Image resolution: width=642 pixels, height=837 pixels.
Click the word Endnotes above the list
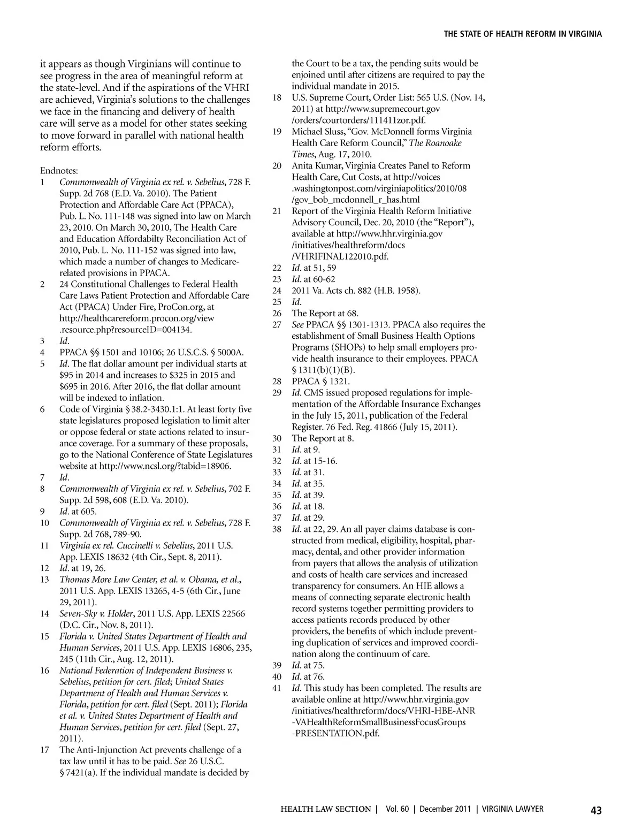[59, 171]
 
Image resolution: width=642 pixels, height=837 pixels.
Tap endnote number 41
[277, 688]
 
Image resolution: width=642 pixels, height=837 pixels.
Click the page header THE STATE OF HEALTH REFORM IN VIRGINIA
[523, 34]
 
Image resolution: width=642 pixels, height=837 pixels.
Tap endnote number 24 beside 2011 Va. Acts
[277, 291]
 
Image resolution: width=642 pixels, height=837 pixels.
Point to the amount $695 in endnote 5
[70, 386]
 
